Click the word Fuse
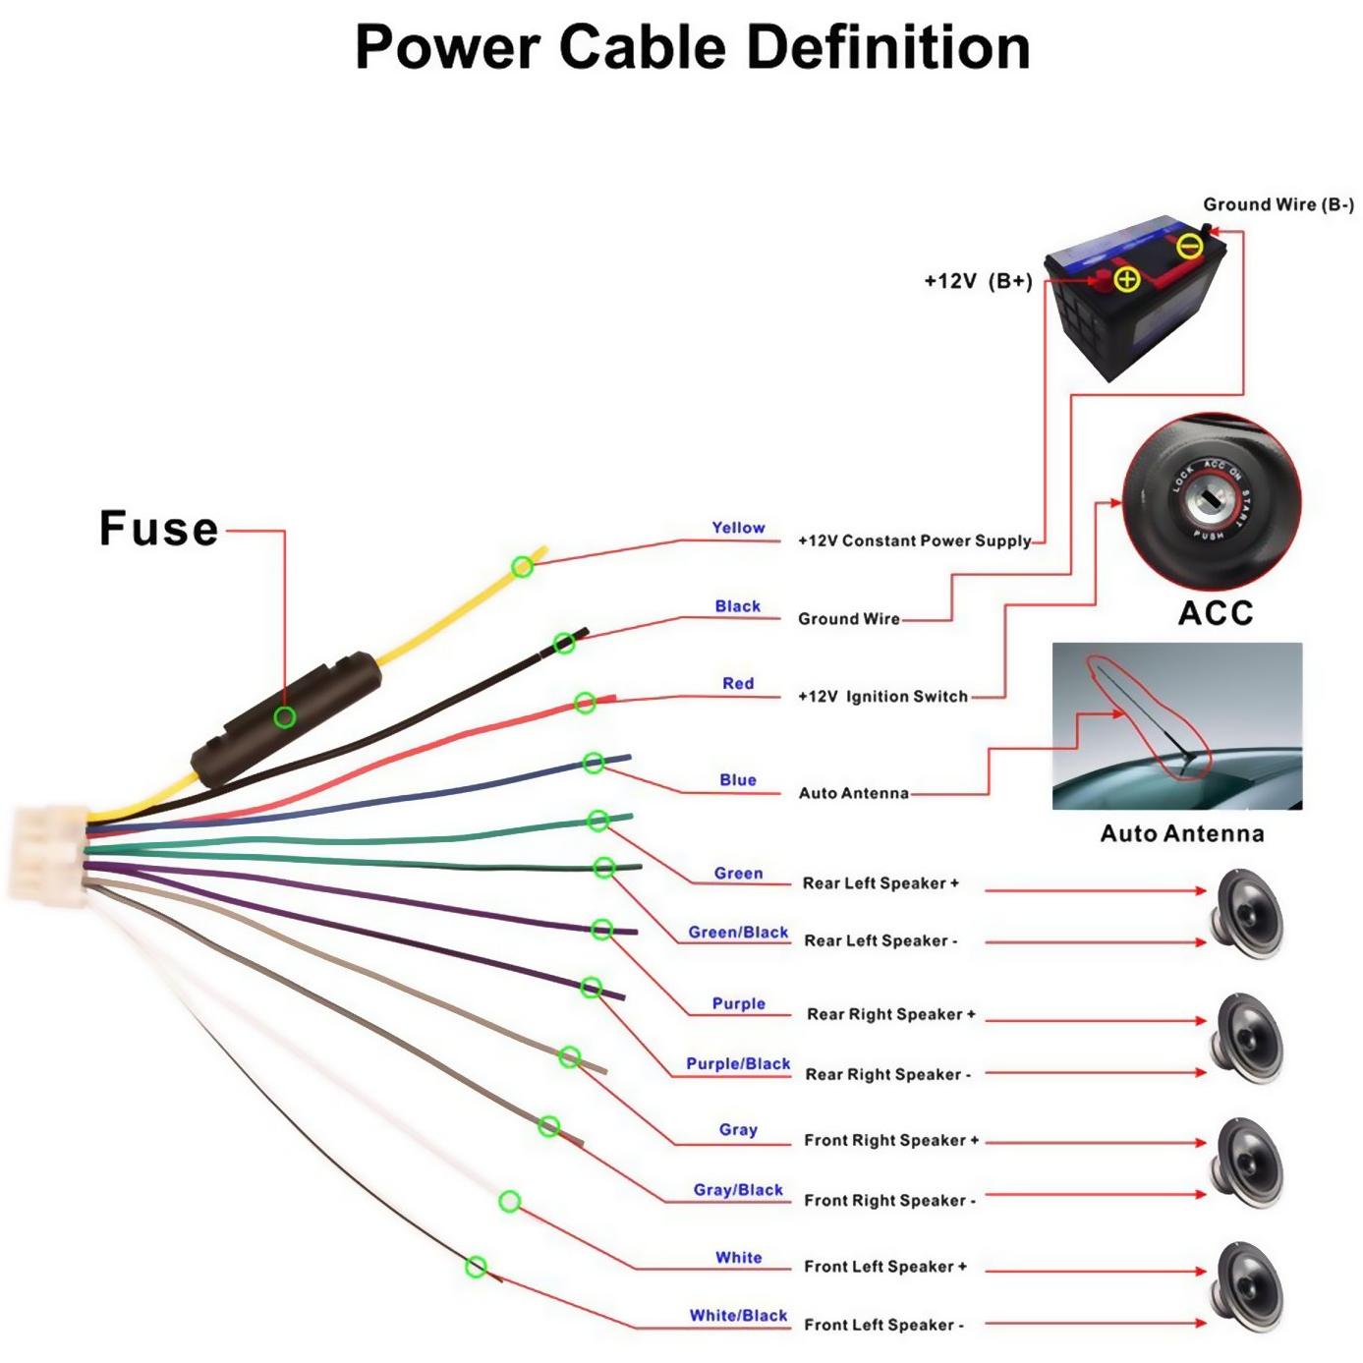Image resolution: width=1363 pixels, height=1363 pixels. click(x=159, y=529)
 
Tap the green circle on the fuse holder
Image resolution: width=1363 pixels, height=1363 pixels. click(x=284, y=717)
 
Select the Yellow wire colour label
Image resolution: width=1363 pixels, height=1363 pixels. click(x=738, y=528)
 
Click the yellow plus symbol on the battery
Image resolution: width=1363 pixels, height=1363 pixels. click(x=1126, y=279)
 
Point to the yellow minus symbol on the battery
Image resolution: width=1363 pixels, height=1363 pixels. click(x=1190, y=246)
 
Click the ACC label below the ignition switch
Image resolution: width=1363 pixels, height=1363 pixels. click(x=1216, y=612)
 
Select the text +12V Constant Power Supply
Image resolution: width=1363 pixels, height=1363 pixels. click(x=915, y=541)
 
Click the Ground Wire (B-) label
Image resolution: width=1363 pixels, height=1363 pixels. click(x=1278, y=204)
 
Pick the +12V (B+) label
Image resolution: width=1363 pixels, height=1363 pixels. click(x=978, y=281)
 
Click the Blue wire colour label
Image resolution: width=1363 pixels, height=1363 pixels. click(x=738, y=779)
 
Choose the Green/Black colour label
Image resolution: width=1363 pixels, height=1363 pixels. click(x=738, y=933)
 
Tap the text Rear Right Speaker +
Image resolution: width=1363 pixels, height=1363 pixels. click(x=891, y=1014)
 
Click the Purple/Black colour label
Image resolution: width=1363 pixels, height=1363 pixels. click(x=738, y=1064)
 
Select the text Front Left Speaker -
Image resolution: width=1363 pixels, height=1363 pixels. click(x=883, y=1325)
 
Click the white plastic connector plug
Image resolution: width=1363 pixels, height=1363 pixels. click(x=49, y=856)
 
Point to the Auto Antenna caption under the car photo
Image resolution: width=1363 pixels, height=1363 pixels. click(x=1182, y=833)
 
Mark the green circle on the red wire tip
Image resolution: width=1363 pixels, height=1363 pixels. click(x=585, y=703)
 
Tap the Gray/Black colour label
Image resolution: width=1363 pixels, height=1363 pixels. click(x=738, y=1190)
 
